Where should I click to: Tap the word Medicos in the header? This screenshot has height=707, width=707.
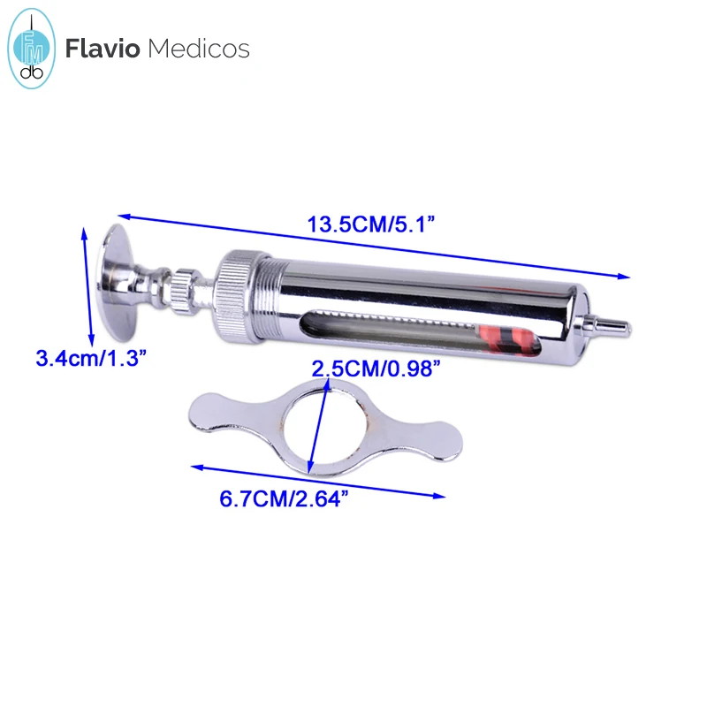pos(198,48)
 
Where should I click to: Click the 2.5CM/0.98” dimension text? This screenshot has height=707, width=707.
pos(376,369)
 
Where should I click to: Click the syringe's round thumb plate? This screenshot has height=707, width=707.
pos(117,279)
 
